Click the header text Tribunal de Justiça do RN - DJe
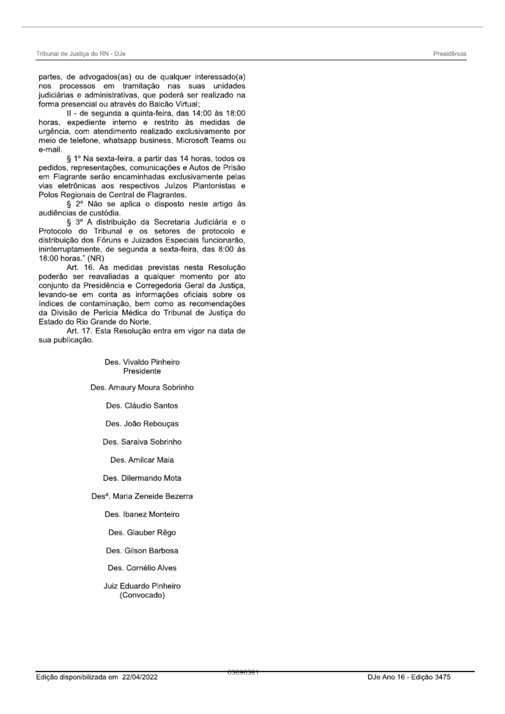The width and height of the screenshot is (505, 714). (x=80, y=54)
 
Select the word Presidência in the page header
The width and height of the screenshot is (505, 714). (x=449, y=54)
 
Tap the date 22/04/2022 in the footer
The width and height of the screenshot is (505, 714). (x=140, y=677)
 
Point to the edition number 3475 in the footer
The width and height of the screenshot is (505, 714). (x=442, y=677)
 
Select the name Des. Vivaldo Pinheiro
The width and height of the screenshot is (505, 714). (x=142, y=362)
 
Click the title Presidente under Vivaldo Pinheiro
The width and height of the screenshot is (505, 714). (x=142, y=371)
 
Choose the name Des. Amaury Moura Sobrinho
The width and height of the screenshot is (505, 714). (x=142, y=387)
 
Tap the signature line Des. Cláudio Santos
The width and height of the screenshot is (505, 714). (x=142, y=406)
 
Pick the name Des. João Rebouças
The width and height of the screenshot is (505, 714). (x=142, y=424)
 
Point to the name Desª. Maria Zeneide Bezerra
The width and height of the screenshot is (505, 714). (x=142, y=496)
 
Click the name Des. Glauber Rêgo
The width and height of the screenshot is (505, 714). (x=142, y=533)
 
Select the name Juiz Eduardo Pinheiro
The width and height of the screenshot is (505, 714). (x=142, y=586)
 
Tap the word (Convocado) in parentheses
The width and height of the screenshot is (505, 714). (x=142, y=595)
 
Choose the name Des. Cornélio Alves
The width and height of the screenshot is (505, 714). (x=142, y=568)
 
